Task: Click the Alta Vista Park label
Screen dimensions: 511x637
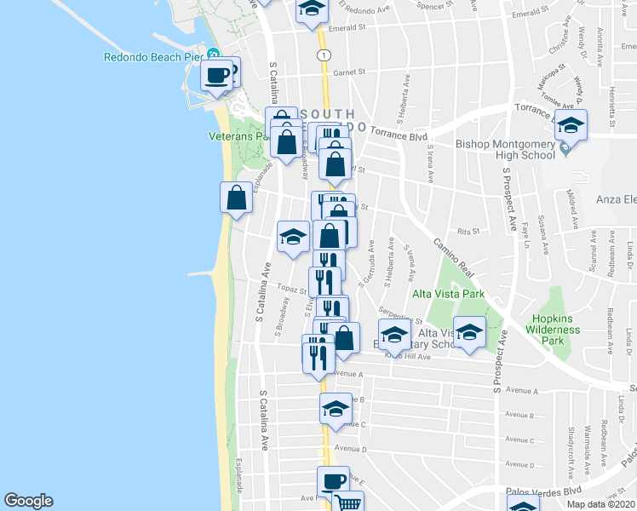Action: point(448,294)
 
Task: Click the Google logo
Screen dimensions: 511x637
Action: point(28,501)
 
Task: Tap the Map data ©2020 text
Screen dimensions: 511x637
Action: point(600,504)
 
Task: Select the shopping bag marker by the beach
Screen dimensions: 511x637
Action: point(237,198)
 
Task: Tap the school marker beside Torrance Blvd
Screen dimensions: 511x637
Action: point(571,125)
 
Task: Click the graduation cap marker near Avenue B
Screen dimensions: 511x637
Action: point(336,408)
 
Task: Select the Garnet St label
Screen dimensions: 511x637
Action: point(348,72)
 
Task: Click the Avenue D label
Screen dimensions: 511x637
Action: point(350,449)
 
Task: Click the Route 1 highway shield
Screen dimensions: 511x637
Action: point(324,54)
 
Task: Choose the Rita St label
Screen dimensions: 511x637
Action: point(469,231)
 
